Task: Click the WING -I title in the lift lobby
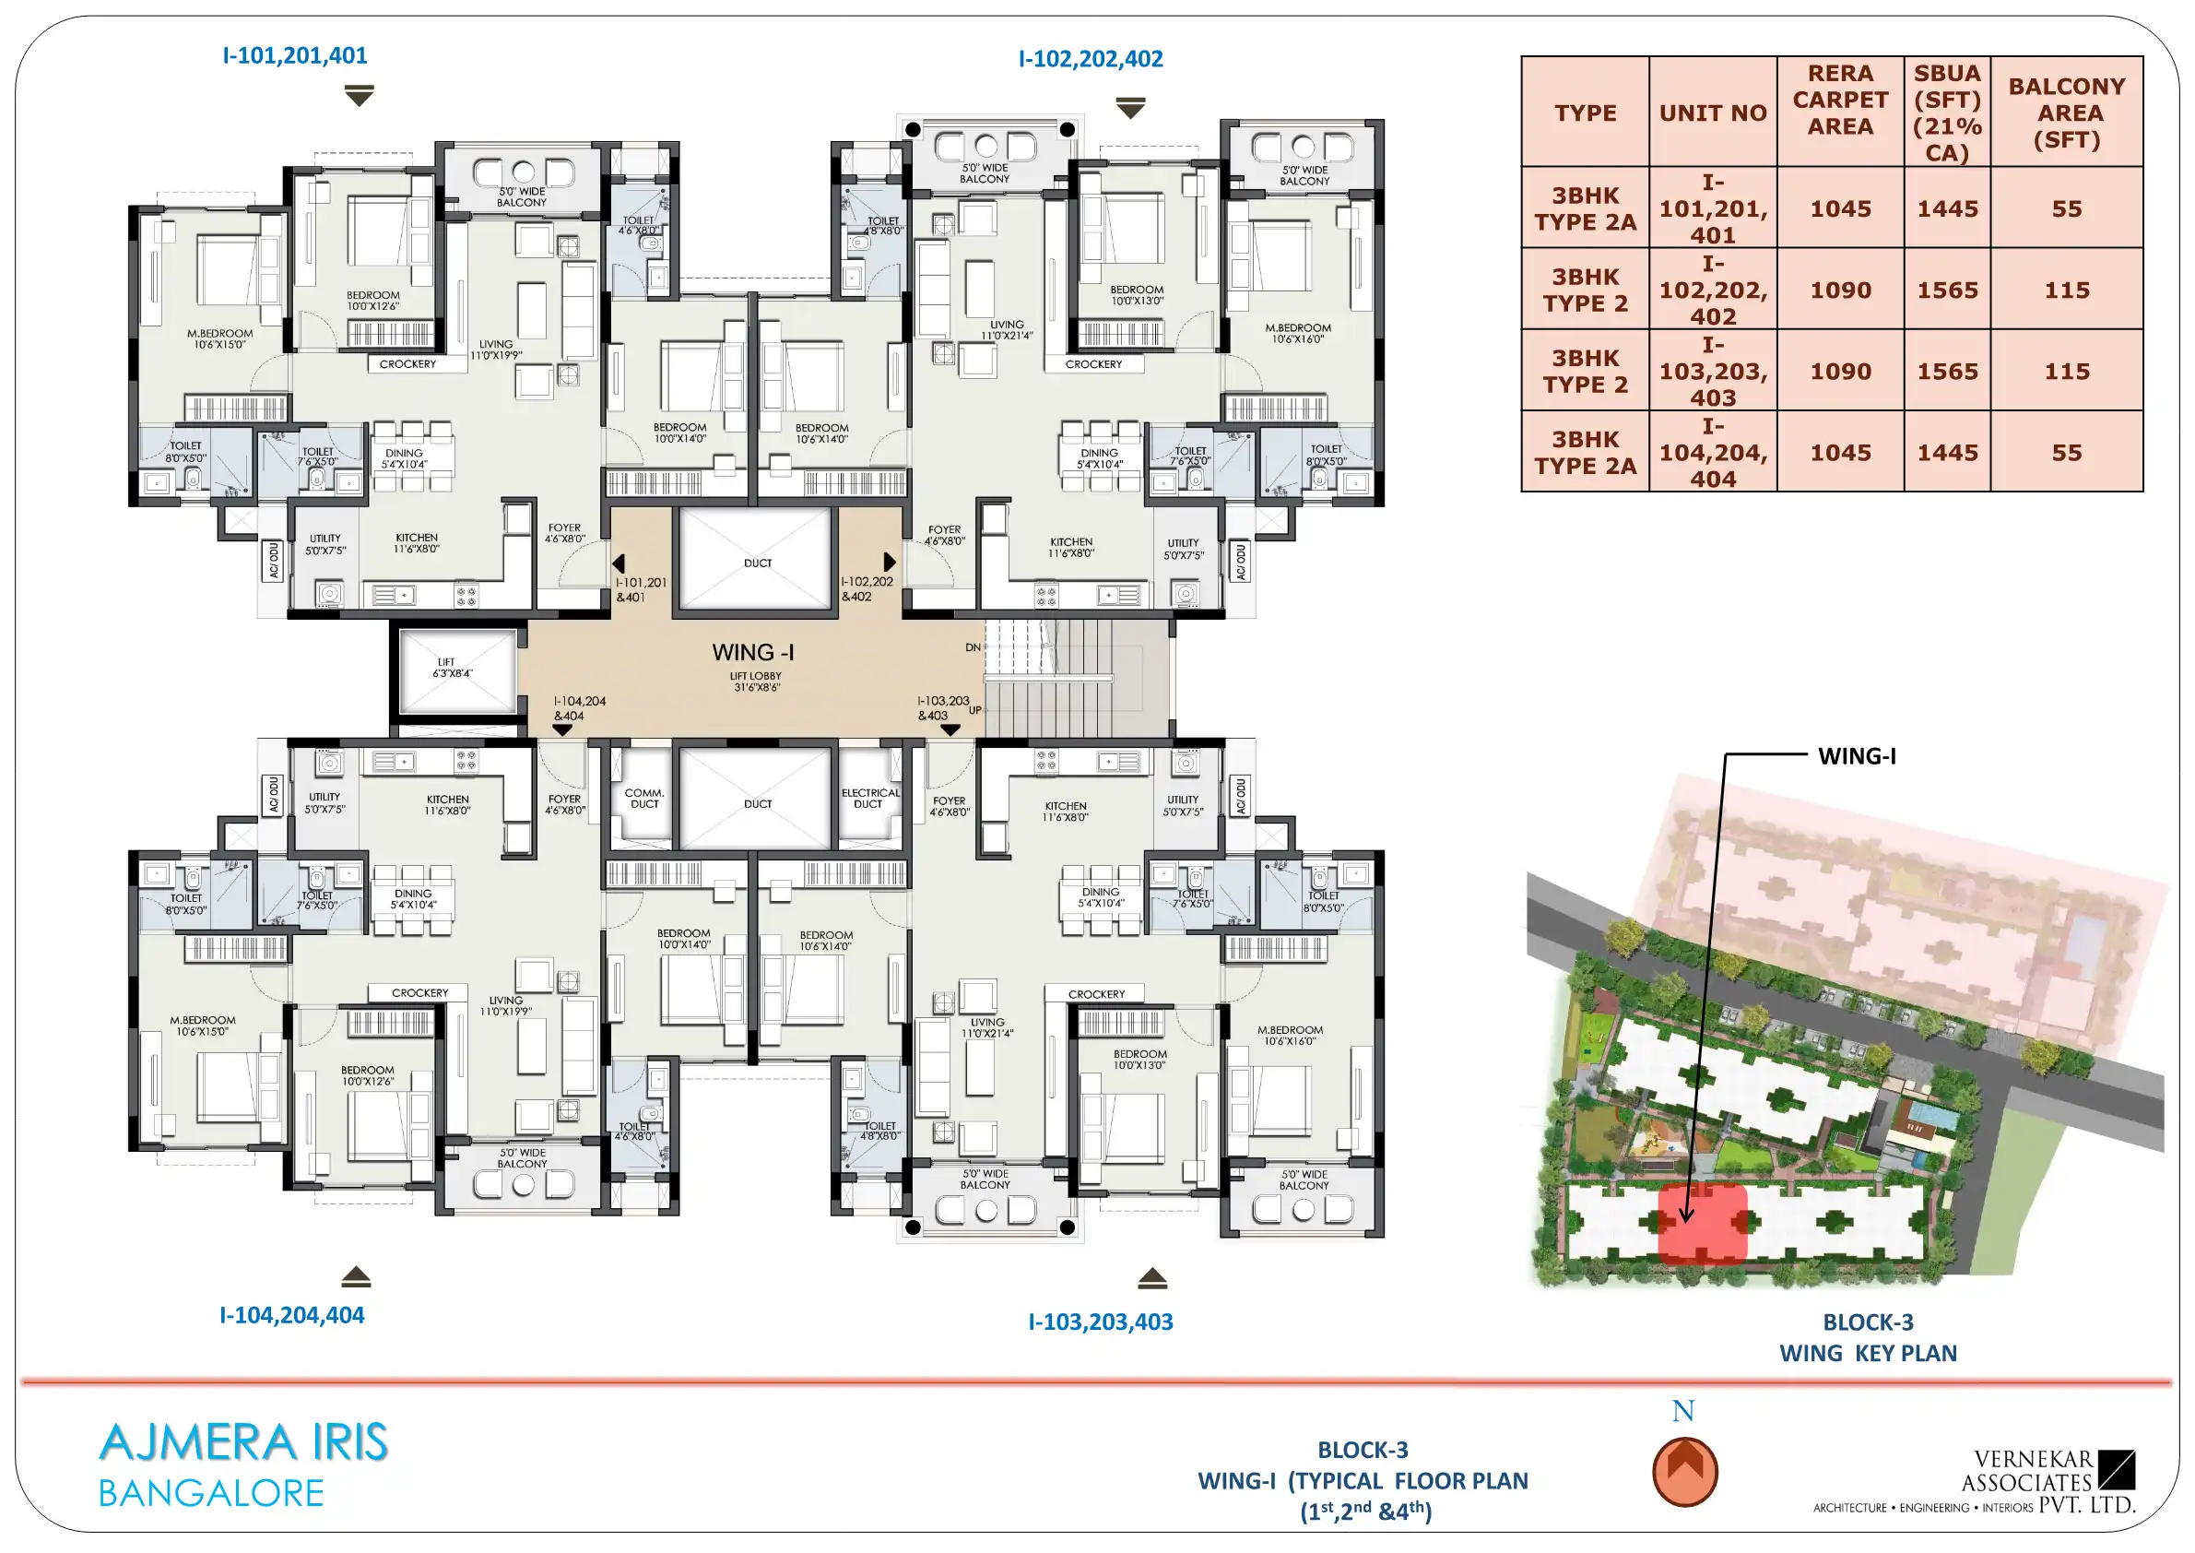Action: (x=753, y=652)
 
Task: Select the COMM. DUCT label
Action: (x=644, y=799)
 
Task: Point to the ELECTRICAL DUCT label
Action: (x=870, y=799)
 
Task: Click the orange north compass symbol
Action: (x=1684, y=1471)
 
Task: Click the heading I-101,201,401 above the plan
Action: (x=294, y=55)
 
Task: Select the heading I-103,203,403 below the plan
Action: (x=1101, y=1322)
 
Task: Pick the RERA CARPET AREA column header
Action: (x=1840, y=100)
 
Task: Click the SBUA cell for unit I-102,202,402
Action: (x=1947, y=290)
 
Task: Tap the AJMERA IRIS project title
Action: (x=243, y=1442)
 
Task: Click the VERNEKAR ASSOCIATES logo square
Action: (x=2117, y=1470)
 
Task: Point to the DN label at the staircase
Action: (x=974, y=647)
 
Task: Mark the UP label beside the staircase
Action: (x=975, y=709)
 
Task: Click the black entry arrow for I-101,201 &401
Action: (x=619, y=563)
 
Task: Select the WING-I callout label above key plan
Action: (x=1857, y=756)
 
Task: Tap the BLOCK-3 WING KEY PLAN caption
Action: (x=1868, y=1338)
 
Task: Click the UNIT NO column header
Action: (x=1712, y=113)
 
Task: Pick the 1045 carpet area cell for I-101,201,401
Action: (x=1840, y=208)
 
